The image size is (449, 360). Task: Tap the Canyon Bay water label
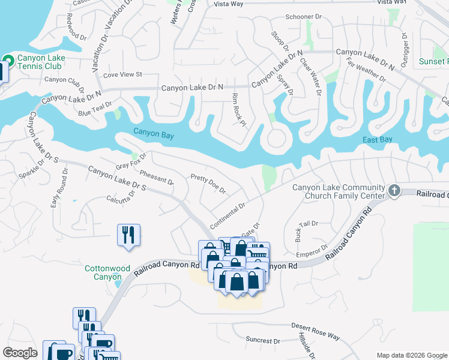pos(154,135)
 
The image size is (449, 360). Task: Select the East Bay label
pos(378,140)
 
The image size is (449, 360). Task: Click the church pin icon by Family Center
pos(394,191)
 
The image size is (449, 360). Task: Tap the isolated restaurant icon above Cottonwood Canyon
pos(128,234)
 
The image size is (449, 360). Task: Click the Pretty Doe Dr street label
pos(208,184)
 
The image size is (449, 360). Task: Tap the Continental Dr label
pos(228,215)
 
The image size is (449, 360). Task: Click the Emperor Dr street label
pos(312,248)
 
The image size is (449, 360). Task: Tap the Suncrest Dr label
pos(263,340)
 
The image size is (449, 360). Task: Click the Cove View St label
pos(122,75)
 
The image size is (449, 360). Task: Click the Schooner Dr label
pos(304,17)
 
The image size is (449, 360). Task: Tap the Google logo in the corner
pos(20,353)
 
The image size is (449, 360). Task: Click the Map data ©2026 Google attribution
pos(411,355)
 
